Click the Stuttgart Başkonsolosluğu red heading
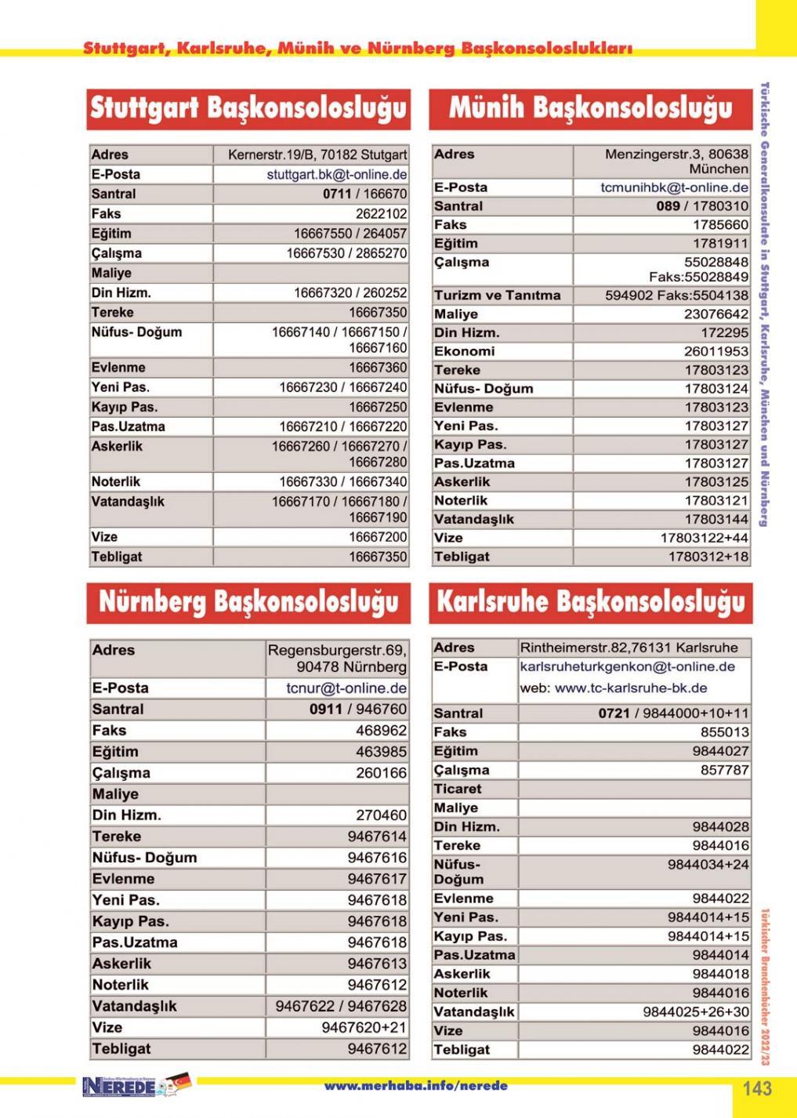coord(248,108)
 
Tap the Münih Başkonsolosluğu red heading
coord(590,108)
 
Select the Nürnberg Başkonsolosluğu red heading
coord(248,602)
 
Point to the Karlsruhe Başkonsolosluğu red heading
coord(590,602)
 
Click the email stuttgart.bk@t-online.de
coord(336,174)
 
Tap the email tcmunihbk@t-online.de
coord(674,187)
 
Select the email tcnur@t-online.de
coord(346,688)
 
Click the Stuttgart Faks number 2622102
coord(381,213)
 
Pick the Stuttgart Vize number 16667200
coord(378,537)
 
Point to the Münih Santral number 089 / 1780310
coord(702,206)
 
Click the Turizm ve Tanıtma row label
coord(498,296)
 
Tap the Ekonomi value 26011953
coord(716,351)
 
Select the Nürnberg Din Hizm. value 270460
coord(381,815)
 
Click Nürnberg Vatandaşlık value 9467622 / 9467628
coord(341,1006)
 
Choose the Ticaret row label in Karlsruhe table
coord(458,789)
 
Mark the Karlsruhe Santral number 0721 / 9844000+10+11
coord(673,713)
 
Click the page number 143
coord(757,1088)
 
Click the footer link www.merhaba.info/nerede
coord(415,1086)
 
